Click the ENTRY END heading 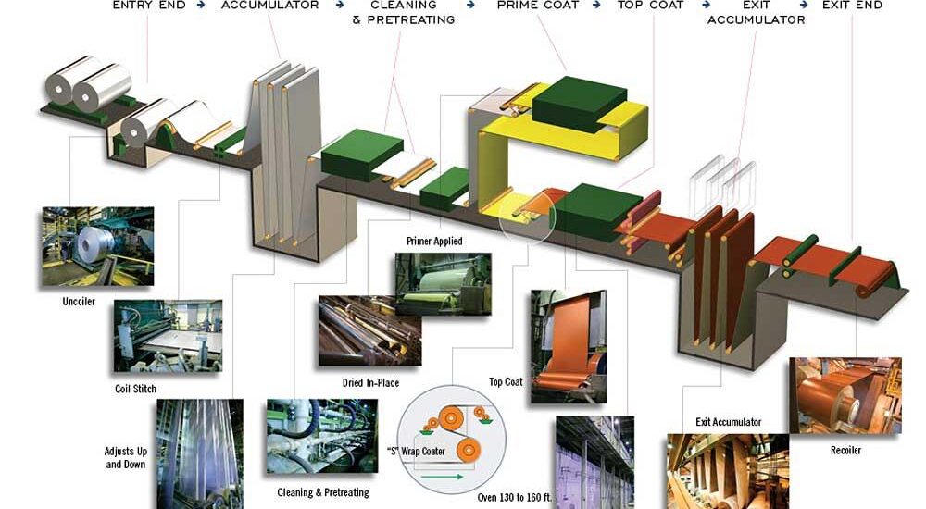[149, 5]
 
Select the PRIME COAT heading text [537, 5]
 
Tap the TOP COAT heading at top [650, 5]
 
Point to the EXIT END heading [852, 5]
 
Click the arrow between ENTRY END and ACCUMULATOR [201, 5]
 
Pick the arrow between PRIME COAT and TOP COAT [597, 5]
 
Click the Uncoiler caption [79, 301]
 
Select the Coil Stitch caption [136, 389]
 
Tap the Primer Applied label [434, 241]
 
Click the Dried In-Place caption [371, 382]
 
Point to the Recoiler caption [845, 450]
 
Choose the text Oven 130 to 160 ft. [514, 497]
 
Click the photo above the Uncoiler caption [98, 246]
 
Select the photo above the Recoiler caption [845, 395]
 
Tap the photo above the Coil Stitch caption [168, 336]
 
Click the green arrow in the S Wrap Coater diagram [443, 476]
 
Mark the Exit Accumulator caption [728, 422]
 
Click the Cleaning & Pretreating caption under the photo [323, 492]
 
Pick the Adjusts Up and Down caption [126, 457]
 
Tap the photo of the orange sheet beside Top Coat [569, 347]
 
